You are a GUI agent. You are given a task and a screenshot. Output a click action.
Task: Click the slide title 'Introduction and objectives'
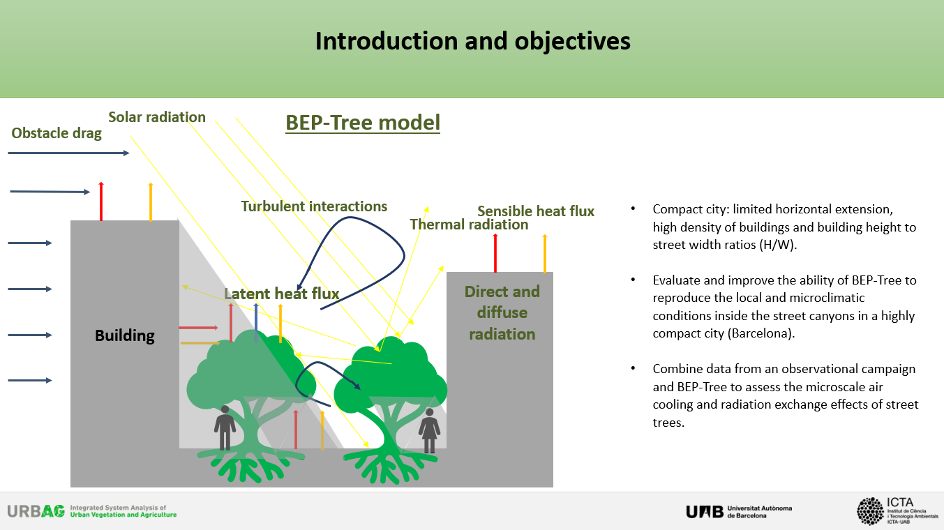coord(472,41)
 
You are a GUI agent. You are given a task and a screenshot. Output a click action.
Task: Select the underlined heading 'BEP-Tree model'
coord(363,123)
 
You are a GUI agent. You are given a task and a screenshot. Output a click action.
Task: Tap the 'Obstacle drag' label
coord(57,133)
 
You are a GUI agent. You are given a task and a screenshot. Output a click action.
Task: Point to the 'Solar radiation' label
coord(157,117)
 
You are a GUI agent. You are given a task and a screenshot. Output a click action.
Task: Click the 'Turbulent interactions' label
coord(314,206)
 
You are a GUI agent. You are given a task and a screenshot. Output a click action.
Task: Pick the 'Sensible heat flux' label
coord(536,211)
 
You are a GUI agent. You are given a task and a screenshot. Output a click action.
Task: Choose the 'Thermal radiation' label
coord(469,225)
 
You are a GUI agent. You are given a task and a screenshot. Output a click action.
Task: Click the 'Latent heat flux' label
coord(281,294)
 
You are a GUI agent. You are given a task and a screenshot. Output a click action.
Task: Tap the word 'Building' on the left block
coord(125,335)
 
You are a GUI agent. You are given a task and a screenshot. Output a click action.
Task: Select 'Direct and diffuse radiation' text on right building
coord(502,312)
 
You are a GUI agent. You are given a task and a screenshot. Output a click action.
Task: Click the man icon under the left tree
coord(225,427)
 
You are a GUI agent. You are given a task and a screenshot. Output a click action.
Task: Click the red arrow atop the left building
coord(101,201)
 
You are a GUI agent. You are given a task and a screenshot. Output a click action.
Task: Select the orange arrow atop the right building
coord(545,253)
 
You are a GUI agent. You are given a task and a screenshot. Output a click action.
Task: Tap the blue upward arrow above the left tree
coord(256,322)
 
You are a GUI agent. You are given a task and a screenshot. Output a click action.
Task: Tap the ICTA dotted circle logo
coord(870,511)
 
